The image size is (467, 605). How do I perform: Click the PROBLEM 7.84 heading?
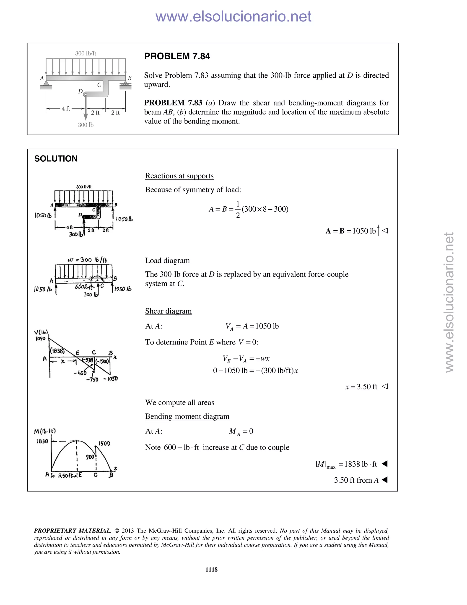coord(177,57)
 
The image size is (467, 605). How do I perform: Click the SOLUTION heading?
coord(56,159)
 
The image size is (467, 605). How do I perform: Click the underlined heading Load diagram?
coord(167,261)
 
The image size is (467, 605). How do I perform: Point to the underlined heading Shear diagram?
coord(168,311)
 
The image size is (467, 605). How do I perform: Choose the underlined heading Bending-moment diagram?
coord(187,416)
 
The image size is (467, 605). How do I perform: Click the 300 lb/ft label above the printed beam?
coord(86,53)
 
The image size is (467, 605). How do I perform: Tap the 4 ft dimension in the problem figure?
coord(66,109)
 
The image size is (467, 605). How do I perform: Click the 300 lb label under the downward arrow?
coord(86,125)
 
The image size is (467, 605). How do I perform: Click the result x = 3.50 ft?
coord(361,387)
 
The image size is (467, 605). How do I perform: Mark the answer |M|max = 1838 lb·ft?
coord(346,464)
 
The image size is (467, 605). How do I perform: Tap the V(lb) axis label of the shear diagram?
coord(41,332)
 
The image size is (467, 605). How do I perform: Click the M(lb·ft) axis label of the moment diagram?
coord(45,431)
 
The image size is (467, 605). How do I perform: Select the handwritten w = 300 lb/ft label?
coord(87,260)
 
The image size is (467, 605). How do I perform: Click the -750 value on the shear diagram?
coord(92,379)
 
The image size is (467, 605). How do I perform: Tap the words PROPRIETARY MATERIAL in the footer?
coord(73,531)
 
